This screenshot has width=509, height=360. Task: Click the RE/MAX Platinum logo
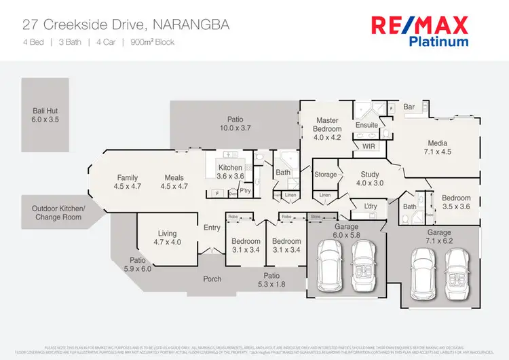click(x=419, y=31)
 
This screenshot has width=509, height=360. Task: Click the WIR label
click(x=369, y=146)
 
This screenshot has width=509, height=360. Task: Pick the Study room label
click(x=369, y=179)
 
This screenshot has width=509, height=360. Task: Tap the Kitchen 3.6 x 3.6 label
click(x=231, y=172)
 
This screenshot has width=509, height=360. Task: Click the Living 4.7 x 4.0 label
click(x=166, y=237)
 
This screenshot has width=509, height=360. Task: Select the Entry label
click(x=212, y=228)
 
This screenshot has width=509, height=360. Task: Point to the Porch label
click(x=212, y=278)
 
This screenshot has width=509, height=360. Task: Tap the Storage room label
click(x=326, y=175)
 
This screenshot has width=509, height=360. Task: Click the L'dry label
click(x=371, y=206)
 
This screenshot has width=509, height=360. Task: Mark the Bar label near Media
click(x=409, y=107)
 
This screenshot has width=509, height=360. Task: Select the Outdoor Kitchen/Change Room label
click(x=59, y=213)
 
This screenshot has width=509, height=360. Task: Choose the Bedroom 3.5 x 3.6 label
click(x=455, y=202)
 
